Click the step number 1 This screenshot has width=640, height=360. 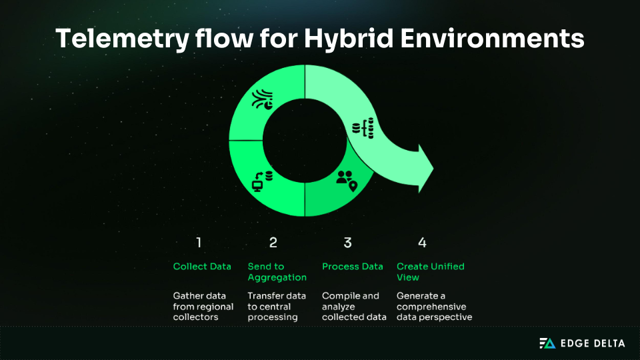(x=198, y=243)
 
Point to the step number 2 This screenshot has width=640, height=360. (x=273, y=243)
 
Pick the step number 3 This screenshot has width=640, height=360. (x=347, y=243)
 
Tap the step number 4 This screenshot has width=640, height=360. (x=422, y=243)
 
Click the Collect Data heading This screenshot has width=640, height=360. (x=202, y=266)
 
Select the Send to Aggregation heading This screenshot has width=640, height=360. (x=277, y=271)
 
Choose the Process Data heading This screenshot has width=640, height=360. (x=353, y=266)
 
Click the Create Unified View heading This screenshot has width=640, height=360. (x=430, y=271)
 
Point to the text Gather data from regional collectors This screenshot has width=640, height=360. (x=203, y=306)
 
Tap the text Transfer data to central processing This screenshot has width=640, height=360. (x=277, y=306)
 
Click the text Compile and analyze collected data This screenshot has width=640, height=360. (x=354, y=306)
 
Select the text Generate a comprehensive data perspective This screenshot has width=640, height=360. (x=434, y=306)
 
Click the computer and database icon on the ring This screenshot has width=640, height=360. (x=261, y=181)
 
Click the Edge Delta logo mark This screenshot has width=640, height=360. (x=547, y=343)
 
